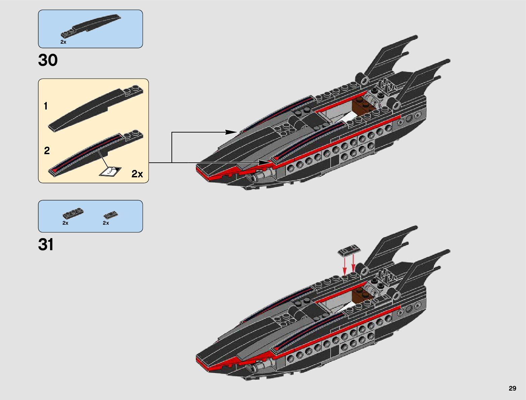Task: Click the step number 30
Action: click(48, 60)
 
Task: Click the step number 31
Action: click(46, 245)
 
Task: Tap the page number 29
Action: click(512, 388)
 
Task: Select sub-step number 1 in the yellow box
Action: click(46, 106)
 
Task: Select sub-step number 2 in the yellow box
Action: click(47, 151)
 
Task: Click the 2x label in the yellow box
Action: click(137, 174)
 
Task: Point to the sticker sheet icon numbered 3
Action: click(111, 171)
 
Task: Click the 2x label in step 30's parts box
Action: click(63, 42)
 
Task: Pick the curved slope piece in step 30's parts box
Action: click(91, 25)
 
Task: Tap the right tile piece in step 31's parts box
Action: click(111, 215)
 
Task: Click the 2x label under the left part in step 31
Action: click(65, 223)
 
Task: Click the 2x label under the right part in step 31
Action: click(106, 223)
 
